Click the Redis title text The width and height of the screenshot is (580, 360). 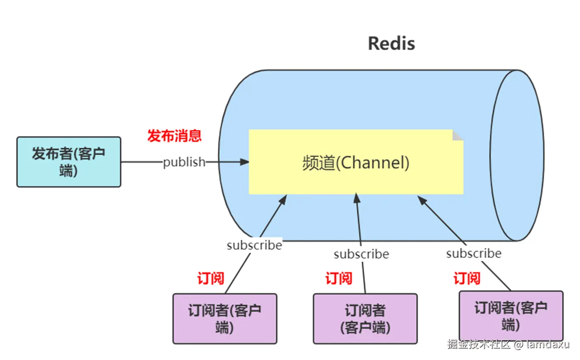391,43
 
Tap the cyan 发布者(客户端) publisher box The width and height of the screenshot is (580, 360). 69,162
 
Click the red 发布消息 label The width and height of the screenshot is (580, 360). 174,136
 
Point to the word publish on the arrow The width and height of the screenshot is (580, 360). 184,162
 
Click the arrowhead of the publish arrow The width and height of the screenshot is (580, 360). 245,162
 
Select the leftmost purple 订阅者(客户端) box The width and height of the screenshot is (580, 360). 225,318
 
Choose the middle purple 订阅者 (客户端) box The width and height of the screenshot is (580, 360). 365,318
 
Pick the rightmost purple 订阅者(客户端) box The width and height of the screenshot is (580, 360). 511,316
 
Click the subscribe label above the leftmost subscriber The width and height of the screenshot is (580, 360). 254,245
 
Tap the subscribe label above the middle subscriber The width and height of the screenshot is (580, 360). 361,254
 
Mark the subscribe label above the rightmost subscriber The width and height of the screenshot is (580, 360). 474,253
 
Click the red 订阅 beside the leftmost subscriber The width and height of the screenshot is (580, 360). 210,278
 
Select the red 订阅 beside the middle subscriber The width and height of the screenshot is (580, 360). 339,278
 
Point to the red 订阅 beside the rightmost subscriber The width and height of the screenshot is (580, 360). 467,278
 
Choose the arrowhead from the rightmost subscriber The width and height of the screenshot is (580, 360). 421,198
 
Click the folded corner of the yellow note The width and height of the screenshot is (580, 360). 457,135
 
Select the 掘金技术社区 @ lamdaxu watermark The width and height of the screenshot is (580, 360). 508,344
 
